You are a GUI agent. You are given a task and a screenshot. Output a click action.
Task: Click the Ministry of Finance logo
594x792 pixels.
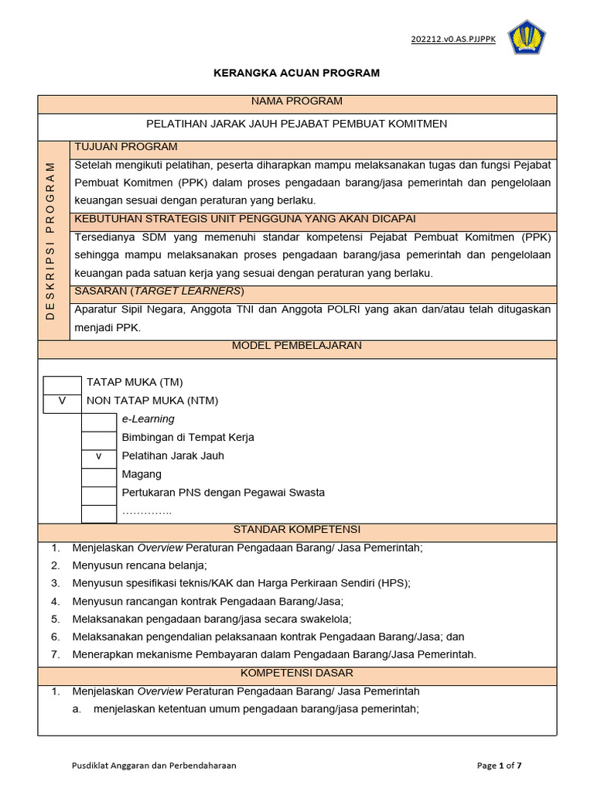[527, 38]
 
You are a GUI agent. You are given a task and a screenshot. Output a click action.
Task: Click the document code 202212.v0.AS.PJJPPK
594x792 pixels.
[453, 39]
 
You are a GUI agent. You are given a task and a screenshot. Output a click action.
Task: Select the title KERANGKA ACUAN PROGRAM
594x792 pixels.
[297, 73]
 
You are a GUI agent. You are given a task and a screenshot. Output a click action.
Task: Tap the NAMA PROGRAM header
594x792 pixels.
[297, 101]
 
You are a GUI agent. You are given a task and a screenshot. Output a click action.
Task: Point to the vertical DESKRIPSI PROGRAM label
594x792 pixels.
[52, 240]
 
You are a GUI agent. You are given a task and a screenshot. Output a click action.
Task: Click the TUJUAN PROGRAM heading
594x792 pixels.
[126, 147]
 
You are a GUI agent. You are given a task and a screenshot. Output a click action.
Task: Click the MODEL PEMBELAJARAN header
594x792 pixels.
[297, 346]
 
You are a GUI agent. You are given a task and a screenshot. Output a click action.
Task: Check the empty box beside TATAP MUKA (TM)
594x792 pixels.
[62, 383]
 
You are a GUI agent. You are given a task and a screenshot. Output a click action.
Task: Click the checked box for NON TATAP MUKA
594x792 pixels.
[62, 401]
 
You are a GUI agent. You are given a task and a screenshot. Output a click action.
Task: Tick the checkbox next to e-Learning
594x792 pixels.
[99, 420]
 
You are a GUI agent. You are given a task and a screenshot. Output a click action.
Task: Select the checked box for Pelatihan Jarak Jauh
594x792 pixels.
[99, 456]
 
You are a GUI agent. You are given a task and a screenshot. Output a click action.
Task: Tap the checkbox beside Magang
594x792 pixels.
[99, 475]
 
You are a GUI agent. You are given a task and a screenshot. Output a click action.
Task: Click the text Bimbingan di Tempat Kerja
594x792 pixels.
[188, 438]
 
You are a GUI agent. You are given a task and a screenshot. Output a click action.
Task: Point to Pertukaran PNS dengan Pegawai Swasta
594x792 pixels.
[223, 493]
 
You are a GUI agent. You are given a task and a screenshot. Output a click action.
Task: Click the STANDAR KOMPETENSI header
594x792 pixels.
[297, 530]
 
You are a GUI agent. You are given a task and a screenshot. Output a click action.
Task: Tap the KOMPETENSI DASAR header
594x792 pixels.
[297, 674]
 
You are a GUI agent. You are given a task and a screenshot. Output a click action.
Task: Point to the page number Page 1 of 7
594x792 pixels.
[499, 766]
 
